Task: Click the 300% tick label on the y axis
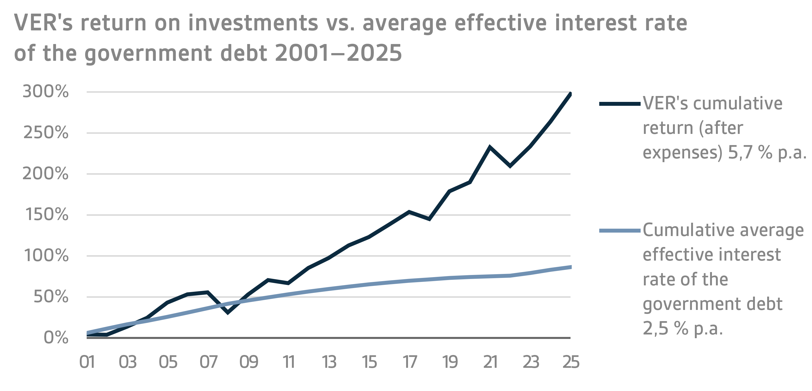point(45,92)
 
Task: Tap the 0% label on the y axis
point(56,337)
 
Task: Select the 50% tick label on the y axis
point(50,297)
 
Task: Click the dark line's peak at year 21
point(490,147)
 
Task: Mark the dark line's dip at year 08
point(228,312)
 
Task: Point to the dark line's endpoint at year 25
point(570,94)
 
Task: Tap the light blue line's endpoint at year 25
point(570,267)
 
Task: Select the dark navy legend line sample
point(620,104)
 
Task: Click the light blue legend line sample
point(620,231)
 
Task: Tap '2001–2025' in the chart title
point(338,53)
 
